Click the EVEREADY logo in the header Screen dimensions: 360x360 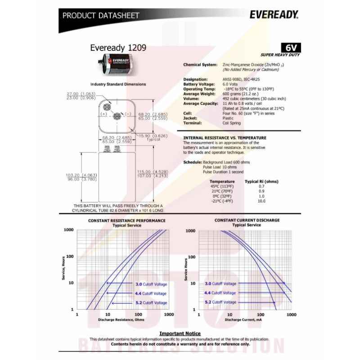pos(274,15)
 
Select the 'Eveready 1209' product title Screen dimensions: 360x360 pos(118,47)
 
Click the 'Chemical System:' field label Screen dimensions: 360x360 pos(200,65)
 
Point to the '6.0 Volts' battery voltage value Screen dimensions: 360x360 pos(232,84)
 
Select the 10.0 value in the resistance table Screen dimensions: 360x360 pos(261,201)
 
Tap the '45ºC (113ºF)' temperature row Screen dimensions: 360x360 pos(222,186)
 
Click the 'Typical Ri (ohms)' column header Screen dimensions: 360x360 pos(261,181)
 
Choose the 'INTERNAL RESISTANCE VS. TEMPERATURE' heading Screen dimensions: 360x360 pos(225,138)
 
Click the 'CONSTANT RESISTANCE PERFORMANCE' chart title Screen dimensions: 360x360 pos(126,220)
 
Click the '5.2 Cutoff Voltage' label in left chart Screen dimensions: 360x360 pos(151,303)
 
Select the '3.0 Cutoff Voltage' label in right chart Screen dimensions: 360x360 pos(220,284)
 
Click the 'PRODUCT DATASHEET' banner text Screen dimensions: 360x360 pos(101,16)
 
